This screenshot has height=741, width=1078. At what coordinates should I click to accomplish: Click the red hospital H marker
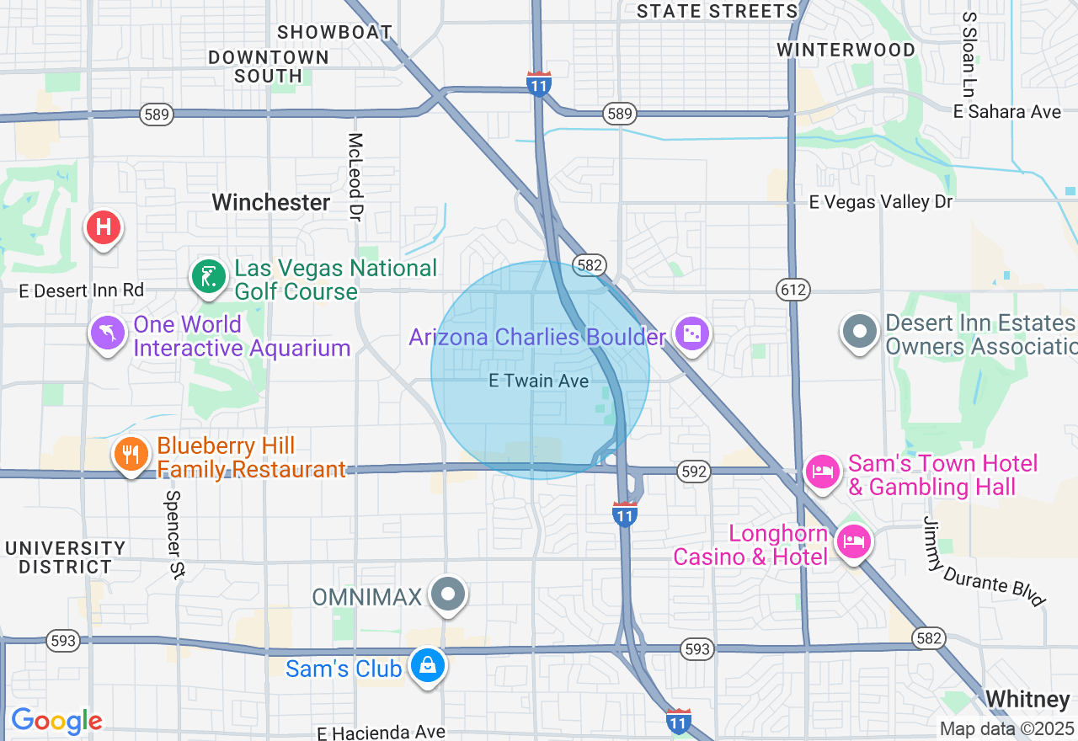click(104, 227)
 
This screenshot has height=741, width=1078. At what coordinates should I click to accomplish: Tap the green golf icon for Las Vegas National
click(208, 277)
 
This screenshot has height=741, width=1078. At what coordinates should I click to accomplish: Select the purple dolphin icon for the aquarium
click(108, 333)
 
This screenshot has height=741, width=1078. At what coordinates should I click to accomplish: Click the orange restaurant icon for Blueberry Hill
click(131, 455)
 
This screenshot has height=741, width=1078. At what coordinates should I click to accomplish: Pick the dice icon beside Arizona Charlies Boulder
click(691, 334)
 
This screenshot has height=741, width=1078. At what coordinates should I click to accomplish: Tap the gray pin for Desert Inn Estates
click(860, 331)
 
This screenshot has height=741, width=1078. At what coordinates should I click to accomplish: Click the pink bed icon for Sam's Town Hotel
click(823, 471)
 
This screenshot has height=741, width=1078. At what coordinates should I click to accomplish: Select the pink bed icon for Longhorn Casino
click(854, 541)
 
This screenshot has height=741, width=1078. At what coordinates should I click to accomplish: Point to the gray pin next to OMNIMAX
click(448, 594)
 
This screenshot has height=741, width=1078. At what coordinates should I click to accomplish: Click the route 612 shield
click(793, 290)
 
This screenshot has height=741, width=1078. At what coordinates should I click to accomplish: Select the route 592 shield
click(694, 472)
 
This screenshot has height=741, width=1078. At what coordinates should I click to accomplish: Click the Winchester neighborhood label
click(271, 202)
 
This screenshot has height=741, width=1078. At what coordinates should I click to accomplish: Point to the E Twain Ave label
click(539, 381)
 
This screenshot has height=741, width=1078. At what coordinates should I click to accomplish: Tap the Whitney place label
click(1027, 699)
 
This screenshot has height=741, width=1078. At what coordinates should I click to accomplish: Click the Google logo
click(56, 721)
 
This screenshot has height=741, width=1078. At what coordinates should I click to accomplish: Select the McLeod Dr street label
click(355, 177)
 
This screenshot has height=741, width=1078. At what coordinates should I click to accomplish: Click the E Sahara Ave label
click(1007, 112)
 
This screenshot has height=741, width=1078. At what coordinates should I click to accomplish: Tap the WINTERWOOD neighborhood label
click(846, 50)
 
